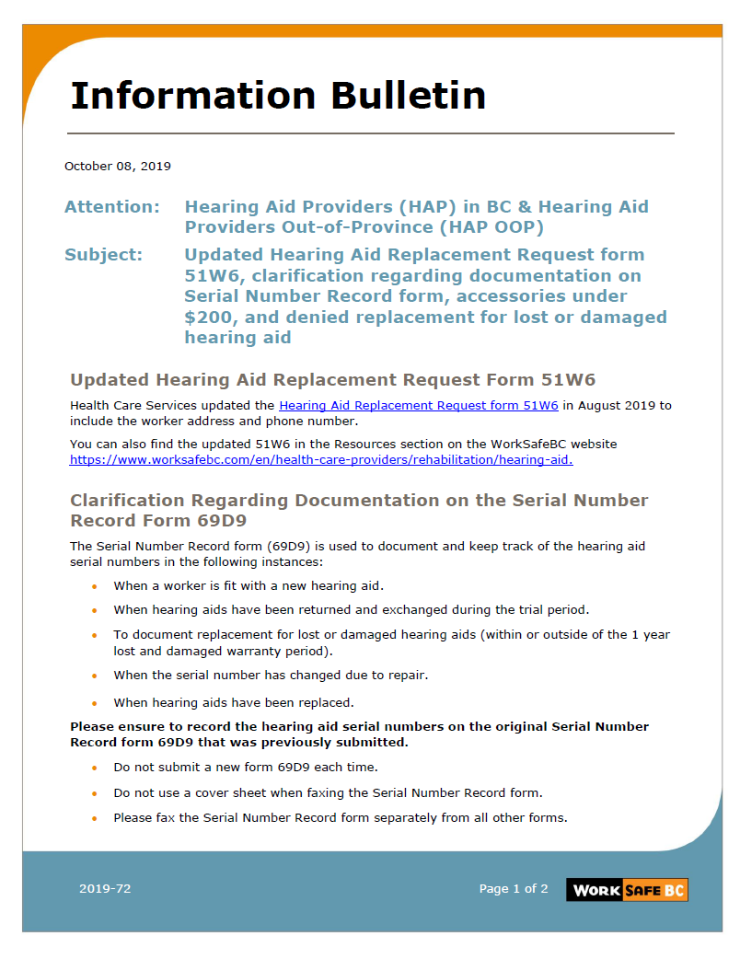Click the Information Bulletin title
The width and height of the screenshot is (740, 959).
(x=278, y=95)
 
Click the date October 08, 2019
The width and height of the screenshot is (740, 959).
(x=117, y=167)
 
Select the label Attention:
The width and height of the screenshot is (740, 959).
(x=111, y=207)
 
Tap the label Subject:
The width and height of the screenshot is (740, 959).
(x=103, y=255)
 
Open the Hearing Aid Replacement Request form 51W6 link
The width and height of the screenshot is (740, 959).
(x=418, y=405)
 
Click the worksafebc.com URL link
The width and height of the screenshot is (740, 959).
(x=320, y=459)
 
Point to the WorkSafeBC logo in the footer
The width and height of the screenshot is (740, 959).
(x=627, y=889)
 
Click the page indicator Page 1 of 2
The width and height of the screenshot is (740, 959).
(x=513, y=889)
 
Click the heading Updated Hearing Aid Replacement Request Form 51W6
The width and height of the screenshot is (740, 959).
(x=332, y=379)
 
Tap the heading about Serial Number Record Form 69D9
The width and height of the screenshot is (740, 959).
(x=359, y=510)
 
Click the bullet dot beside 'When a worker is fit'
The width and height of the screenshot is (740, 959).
(x=94, y=586)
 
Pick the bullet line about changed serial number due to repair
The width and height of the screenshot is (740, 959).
(x=271, y=675)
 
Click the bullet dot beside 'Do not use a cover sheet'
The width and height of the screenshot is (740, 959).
(x=94, y=792)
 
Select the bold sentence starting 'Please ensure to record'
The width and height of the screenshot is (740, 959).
(x=359, y=734)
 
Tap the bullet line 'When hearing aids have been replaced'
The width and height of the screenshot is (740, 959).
(x=233, y=702)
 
